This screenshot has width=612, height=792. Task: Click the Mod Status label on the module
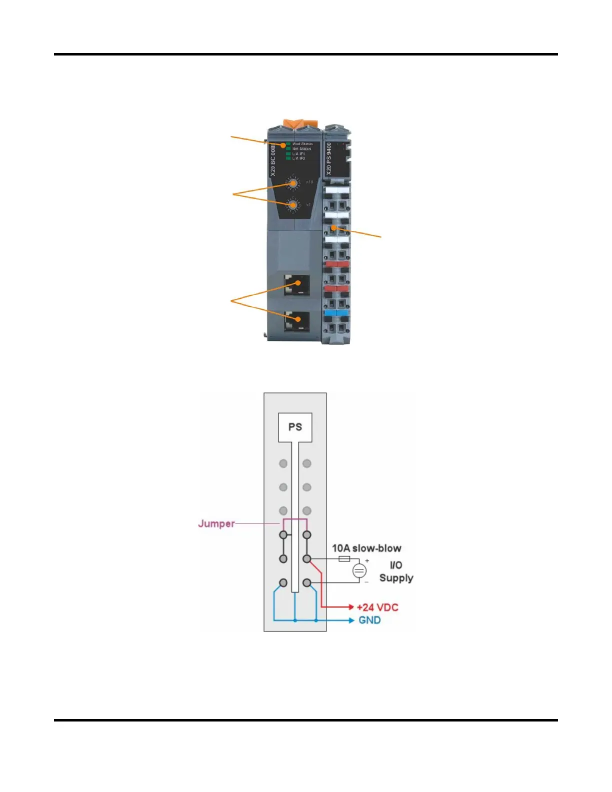pos(302,144)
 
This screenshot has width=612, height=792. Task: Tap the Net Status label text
pos(301,149)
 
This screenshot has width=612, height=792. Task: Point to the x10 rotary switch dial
pos(292,183)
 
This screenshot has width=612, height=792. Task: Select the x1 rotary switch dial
pos(292,205)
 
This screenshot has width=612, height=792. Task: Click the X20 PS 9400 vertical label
pos(329,158)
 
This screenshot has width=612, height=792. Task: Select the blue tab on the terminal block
pos(337,313)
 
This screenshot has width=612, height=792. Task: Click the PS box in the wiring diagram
pos(295,427)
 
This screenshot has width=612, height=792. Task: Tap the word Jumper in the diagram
pos(216,523)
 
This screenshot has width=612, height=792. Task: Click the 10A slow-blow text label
pos(366,548)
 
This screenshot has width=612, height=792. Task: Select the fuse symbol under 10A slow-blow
pos(344,558)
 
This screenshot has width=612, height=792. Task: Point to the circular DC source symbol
pos(359,570)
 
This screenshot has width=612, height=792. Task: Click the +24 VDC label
pos(377,607)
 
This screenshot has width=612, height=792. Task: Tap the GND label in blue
pos(369,620)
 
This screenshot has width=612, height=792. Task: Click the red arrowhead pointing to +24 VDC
pos(351,607)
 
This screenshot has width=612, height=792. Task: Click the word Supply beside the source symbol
pos(396,578)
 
